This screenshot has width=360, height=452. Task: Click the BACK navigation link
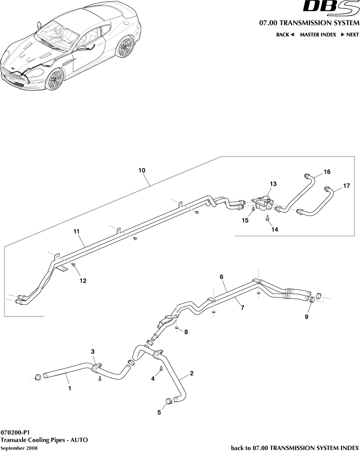pyautogui.click(x=285, y=35)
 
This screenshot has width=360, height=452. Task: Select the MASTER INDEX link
pyautogui.click(x=318, y=35)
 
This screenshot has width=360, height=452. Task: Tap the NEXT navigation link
pyautogui.click(x=350, y=35)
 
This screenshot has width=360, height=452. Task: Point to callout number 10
pyautogui.click(x=142, y=171)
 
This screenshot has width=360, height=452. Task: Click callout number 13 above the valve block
pyautogui.click(x=273, y=184)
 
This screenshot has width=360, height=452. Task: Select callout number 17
pyautogui.click(x=346, y=186)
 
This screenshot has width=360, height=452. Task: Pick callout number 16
pyautogui.click(x=327, y=172)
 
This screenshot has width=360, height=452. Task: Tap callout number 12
pyautogui.click(x=83, y=280)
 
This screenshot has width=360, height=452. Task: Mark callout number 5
pyautogui.click(x=159, y=412)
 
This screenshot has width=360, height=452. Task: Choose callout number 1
pyautogui.click(x=70, y=389)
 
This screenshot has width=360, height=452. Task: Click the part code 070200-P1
pyautogui.click(x=15, y=432)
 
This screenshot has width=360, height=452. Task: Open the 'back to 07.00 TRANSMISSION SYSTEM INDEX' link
pyautogui.click(x=295, y=448)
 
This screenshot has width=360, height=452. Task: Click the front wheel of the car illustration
pyautogui.click(x=56, y=79)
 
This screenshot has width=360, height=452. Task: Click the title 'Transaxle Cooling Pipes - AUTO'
pyautogui.click(x=44, y=440)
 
